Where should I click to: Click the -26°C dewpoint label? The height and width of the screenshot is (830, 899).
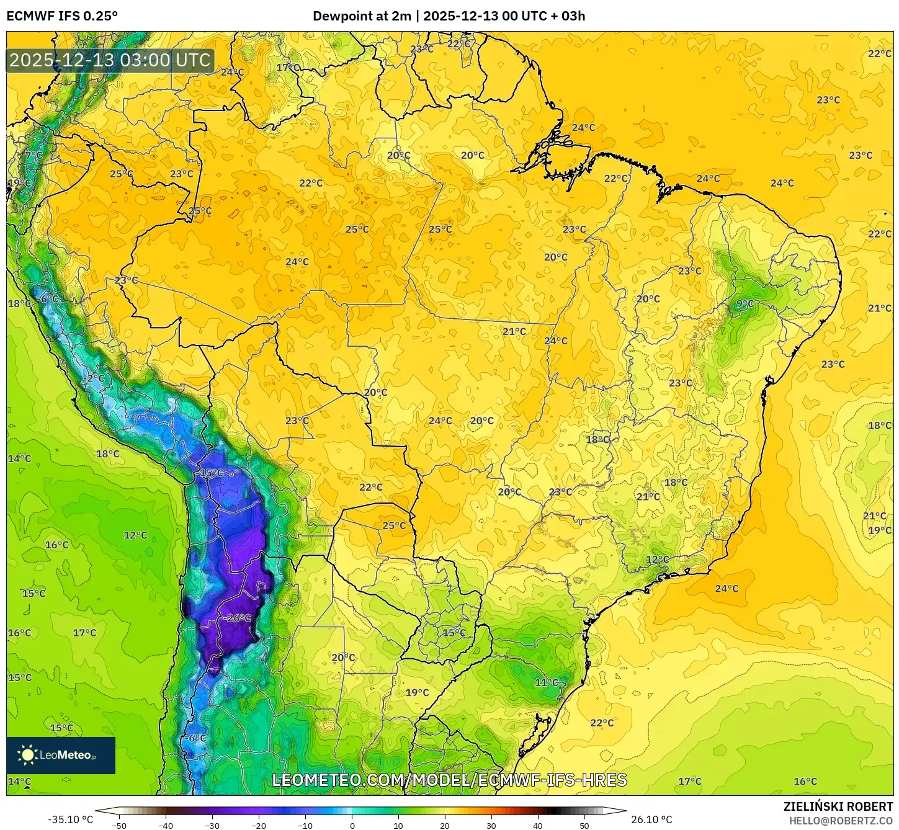(x=238, y=618)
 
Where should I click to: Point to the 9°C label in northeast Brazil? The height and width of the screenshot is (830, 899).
(x=745, y=304)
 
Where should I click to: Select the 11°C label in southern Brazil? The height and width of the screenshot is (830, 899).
(x=547, y=682)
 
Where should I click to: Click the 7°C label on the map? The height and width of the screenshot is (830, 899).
(x=34, y=155)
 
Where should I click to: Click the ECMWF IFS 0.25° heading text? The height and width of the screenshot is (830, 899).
(x=62, y=16)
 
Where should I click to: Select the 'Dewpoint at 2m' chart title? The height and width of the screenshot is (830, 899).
(x=362, y=16)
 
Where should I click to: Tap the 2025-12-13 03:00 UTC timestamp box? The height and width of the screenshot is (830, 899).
(x=110, y=61)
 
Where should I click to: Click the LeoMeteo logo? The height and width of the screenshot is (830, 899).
(x=61, y=755)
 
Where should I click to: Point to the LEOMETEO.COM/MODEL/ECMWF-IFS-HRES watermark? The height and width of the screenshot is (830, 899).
(x=449, y=780)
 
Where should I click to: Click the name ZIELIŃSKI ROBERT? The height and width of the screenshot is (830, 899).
(x=838, y=806)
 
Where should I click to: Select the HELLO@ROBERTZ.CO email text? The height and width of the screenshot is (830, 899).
(x=841, y=821)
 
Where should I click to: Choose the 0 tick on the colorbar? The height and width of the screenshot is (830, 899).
(x=352, y=825)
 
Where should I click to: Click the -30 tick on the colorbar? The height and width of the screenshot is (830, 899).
(x=212, y=825)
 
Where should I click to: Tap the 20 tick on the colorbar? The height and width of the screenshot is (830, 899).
(x=444, y=825)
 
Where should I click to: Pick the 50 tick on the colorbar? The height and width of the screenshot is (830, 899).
(x=584, y=825)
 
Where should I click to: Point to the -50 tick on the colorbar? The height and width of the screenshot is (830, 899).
(x=119, y=825)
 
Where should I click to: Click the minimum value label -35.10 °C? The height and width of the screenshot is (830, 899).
(x=70, y=819)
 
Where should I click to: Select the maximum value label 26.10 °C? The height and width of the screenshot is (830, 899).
(x=651, y=819)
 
